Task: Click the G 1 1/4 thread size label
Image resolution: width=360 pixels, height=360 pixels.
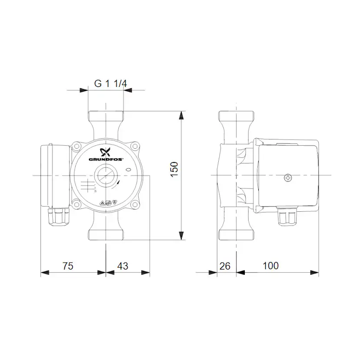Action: point(110,84)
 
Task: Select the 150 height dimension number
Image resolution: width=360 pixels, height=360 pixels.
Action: point(174,169)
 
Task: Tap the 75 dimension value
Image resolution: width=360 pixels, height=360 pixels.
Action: point(68,266)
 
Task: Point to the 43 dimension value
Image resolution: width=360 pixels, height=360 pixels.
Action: point(123,266)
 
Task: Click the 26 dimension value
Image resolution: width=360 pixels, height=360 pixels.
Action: point(225,266)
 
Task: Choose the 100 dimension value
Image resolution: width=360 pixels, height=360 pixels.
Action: point(270,266)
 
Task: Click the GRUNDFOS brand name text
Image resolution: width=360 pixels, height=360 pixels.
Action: point(106,160)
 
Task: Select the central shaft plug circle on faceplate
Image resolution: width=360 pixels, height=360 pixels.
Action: point(105,176)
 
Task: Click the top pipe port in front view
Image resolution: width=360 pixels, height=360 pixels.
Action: point(106,117)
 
